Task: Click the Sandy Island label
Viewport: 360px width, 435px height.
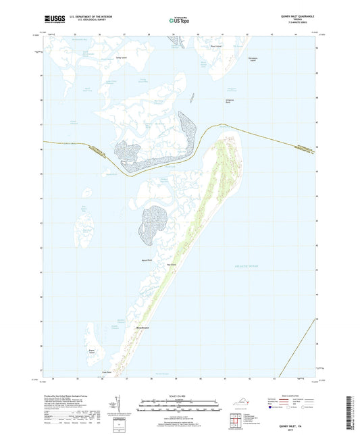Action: pyautogui.click(x=122, y=58)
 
